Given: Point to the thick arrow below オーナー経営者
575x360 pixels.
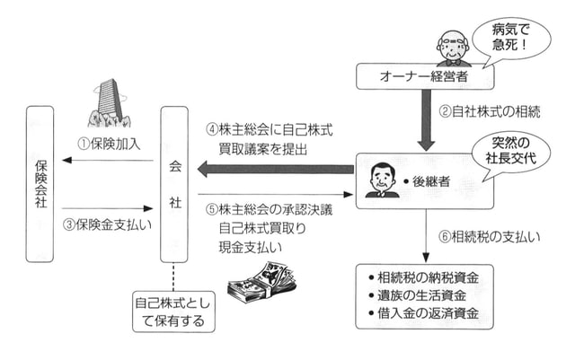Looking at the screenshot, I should point(425,120).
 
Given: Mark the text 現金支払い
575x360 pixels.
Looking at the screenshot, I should point(250,246).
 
